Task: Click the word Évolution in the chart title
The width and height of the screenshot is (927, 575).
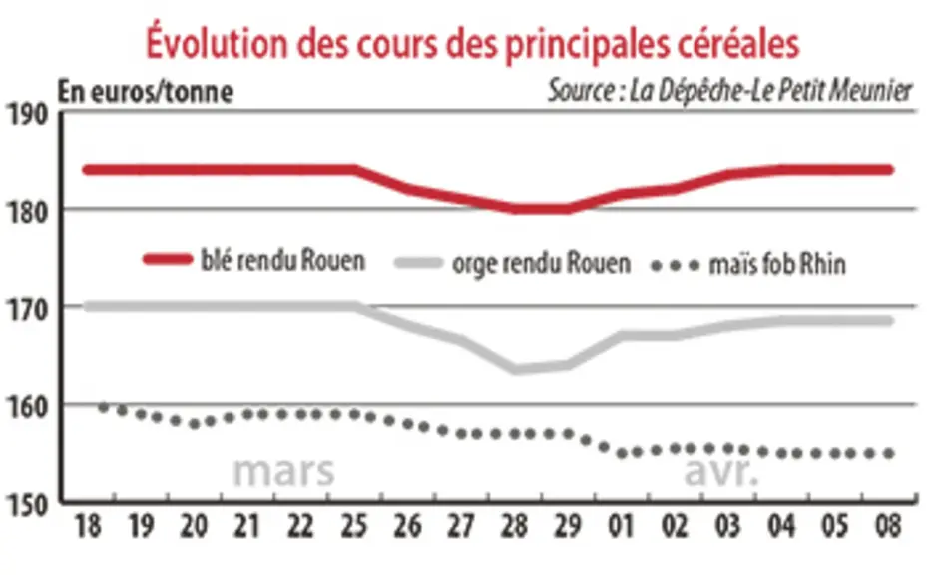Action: click(219, 41)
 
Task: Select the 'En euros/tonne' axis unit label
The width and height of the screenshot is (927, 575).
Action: click(146, 92)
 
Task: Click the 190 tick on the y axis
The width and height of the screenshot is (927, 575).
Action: click(27, 115)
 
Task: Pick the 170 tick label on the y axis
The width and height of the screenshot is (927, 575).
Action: click(27, 310)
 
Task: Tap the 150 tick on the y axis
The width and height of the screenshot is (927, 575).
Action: click(27, 506)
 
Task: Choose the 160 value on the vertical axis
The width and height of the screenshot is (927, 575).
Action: click(27, 408)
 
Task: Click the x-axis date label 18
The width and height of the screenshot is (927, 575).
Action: click(88, 526)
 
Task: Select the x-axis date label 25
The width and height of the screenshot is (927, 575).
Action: click(353, 526)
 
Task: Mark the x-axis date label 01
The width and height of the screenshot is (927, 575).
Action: click(621, 526)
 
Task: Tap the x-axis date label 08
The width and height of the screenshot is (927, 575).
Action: click(888, 526)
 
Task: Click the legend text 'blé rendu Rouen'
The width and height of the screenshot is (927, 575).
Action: click(283, 261)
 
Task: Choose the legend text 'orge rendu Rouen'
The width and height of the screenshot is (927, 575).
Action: click(541, 263)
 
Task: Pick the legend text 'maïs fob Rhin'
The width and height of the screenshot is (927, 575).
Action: click(777, 264)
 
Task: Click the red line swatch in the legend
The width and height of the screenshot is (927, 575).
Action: click(168, 260)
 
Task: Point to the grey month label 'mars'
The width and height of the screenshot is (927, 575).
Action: click(283, 471)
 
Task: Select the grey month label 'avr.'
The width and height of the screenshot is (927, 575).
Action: click(721, 471)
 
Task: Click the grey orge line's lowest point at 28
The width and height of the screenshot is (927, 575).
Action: click(514, 369)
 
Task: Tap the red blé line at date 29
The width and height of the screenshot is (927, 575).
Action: click(568, 209)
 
